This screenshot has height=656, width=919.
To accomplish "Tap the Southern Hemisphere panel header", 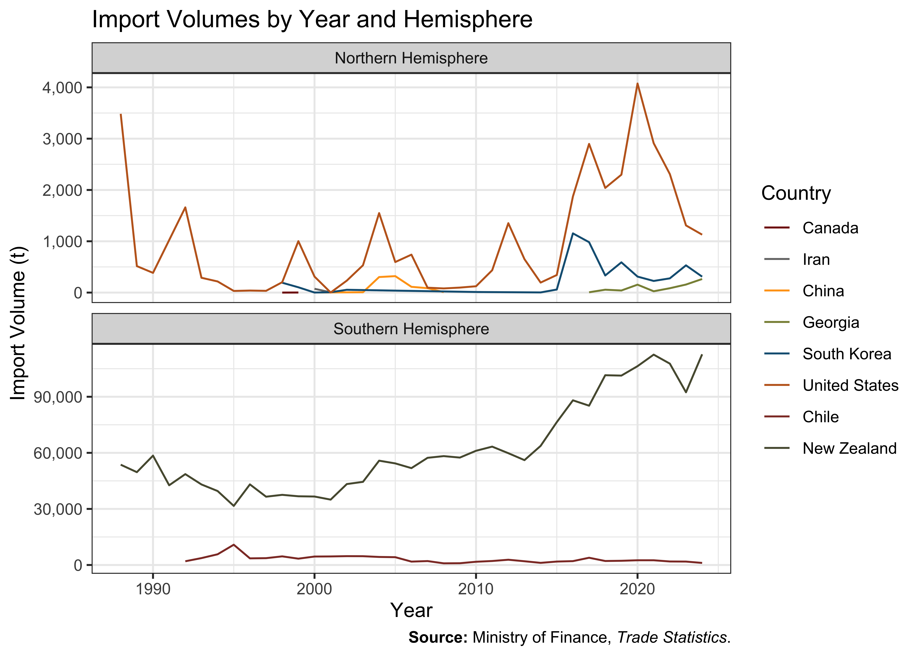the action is pyautogui.click(x=411, y=329).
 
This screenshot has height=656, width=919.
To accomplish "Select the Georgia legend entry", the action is pyautogui.click(x=811, y=322).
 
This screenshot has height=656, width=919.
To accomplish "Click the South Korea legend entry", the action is pyautogui.click(x=828, y=354).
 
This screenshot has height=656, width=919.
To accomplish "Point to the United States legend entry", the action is pyautogui.click(x=831, y=385).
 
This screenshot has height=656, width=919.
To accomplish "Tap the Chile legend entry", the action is pyautogui.click(x=801, y=417).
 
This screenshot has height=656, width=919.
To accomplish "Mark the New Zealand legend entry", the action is pyautogui.click(x=830, y=448).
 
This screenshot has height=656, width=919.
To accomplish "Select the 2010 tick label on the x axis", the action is pyautogui.click(x=476, y=589).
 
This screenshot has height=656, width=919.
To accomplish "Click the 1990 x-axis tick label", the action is pyautogui.click(x=153, y=589).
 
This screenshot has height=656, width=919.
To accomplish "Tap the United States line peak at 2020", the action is pyautogui.click(x=637, y=84).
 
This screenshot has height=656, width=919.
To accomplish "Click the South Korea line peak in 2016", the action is pyautogui.click(x=573, y=233).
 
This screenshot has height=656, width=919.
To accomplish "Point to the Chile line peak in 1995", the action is pyautogui.click(x=234, y=544).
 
